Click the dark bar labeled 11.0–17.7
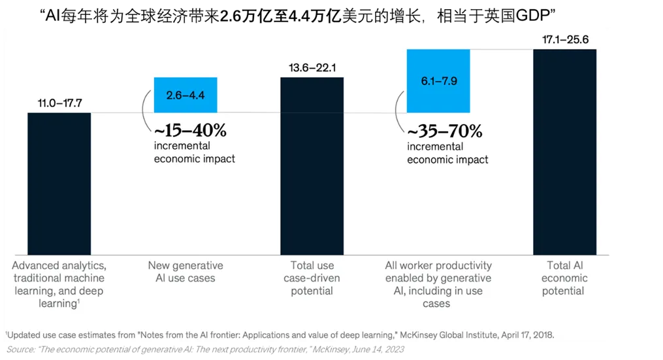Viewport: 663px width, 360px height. pos(59,183)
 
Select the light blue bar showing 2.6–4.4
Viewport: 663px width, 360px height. pos(186,95)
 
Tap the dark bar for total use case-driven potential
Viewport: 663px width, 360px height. pos(312,166)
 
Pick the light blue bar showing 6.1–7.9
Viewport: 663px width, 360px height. pos(438,80)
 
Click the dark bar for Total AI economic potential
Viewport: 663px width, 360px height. pos(564,152)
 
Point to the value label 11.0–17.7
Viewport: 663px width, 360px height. pos(59,103)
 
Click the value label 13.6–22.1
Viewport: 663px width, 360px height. pos(312,67)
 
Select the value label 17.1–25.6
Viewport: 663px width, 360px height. pos(565,40)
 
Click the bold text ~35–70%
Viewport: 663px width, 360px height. pos(444,131)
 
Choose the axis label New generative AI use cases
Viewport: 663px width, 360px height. pos(186,272)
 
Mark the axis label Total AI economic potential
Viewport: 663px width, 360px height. pos(564,278)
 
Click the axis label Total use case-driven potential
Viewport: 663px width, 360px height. pos(312,278)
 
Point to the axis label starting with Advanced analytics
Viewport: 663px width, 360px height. pos(59,284)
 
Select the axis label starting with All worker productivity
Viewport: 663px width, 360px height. pos(438,284)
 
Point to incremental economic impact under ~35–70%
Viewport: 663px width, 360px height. pos(447,153)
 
